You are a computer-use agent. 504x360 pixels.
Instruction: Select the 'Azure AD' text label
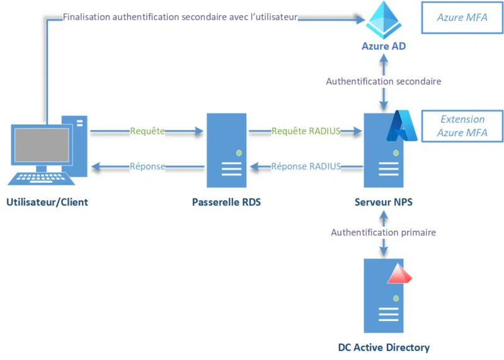[383, 46]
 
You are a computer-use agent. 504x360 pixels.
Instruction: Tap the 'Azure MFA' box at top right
[462, 18]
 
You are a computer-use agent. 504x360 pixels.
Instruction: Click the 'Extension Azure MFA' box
[462, 126]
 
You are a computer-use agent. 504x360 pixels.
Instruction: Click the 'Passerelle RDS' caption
[226, 202]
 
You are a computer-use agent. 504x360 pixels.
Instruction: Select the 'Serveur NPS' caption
[383, 202]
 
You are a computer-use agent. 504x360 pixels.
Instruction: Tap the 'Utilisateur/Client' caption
[47, 202]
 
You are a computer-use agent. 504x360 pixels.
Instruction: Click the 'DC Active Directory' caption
[384, 347]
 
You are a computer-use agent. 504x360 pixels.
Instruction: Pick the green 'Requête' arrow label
[147, 131]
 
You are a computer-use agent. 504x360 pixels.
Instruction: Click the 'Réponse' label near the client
[147, 166]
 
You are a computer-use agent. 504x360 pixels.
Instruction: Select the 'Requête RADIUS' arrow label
[306, 131]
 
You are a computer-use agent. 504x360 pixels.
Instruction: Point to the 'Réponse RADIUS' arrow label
[306, 166]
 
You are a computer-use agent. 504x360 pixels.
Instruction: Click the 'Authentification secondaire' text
[383, 81]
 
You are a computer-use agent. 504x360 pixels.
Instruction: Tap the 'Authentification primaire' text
[383, 233]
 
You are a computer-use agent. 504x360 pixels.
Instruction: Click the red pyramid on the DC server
[399, 274]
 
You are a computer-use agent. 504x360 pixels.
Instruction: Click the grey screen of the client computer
[42, 144]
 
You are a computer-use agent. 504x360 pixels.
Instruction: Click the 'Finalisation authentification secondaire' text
[180, 17]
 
